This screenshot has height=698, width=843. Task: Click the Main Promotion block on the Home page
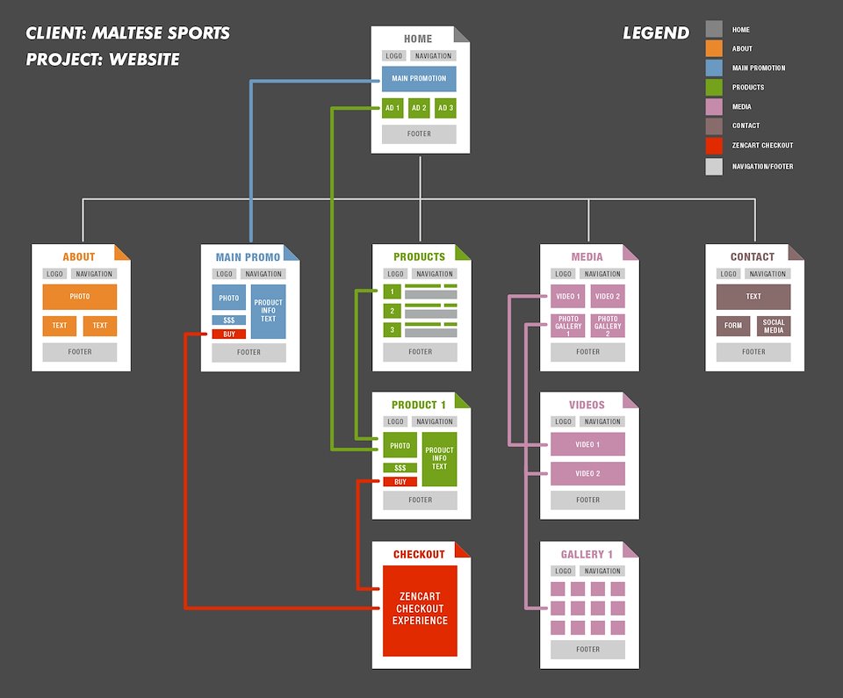(419, 79)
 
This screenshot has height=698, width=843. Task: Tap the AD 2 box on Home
(419, 108)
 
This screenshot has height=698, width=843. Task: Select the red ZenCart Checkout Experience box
(420, 609)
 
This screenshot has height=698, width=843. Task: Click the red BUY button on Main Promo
(229, 334)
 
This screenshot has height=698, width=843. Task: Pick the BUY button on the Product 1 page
(400, 481)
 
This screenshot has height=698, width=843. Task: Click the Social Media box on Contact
(774, 326)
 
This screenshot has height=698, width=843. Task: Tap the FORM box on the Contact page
(732, 326)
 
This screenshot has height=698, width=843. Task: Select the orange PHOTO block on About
(80, 297)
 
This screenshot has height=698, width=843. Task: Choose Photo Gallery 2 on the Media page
(608, 326)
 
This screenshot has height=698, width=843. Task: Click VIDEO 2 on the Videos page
(587, 474)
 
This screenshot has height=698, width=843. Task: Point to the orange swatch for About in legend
(714, 48)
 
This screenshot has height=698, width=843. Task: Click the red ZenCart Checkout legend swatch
(714, 145)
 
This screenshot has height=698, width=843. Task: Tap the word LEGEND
(656, 33)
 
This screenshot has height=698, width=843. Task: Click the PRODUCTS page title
(419, 256)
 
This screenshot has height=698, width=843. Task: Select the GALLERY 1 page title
(587, 555)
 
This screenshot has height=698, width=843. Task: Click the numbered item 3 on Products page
(393, 329)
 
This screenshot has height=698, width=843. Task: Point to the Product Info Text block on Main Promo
(268, 311)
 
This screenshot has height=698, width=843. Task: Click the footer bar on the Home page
(419, 134)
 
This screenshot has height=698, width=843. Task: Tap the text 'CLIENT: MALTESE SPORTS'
(128, 34)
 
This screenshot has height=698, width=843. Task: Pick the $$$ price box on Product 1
(400, 468)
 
